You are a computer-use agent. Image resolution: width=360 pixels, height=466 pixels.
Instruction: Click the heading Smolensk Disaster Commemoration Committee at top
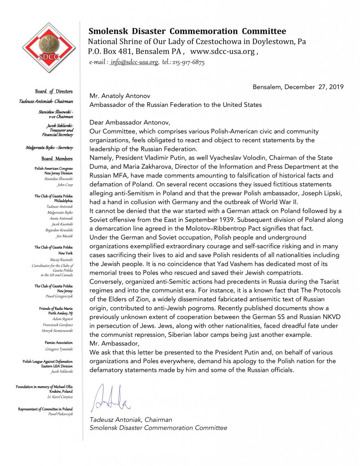click(187, 31)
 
